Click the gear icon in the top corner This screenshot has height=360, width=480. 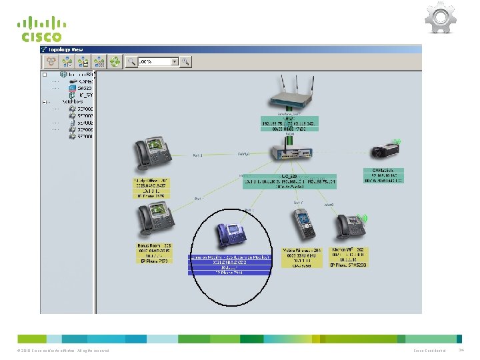coord(440,19)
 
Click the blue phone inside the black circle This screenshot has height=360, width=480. coord(231,234)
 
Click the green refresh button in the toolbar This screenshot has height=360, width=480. coord(117,62)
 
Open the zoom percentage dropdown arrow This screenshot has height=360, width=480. coord(175,62)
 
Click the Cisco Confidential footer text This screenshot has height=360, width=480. coord(429,351)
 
